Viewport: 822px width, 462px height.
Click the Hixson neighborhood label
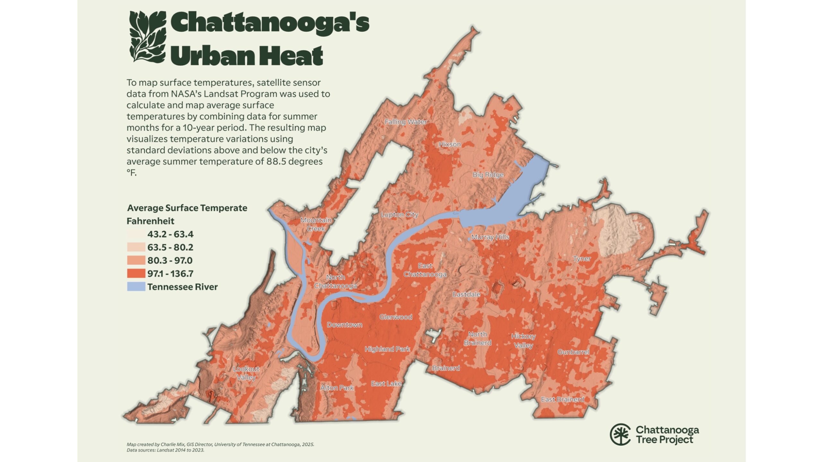(450, 144)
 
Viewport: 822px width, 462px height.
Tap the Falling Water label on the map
(406, 122)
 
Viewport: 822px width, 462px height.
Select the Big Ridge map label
(488, 175)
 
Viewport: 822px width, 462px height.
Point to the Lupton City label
(399, 215)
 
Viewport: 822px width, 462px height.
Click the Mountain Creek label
(316, 224)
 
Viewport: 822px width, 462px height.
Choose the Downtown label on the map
(345, 325)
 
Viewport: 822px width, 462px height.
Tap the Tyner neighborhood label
(582, 259)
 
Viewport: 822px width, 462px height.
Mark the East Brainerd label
(563, 399)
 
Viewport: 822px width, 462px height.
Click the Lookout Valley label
(246, 373)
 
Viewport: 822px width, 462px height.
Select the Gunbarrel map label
(573, 352)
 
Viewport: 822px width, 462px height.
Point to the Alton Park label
(337, 388)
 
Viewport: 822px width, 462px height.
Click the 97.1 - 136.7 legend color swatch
(136, 274)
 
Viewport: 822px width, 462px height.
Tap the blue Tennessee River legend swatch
(136, 287)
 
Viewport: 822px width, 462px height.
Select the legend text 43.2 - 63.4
(170, 234)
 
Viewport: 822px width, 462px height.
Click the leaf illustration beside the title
(148, 37)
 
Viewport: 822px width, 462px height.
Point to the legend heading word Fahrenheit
(150, 221)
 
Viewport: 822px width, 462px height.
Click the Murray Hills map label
(490, 237)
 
